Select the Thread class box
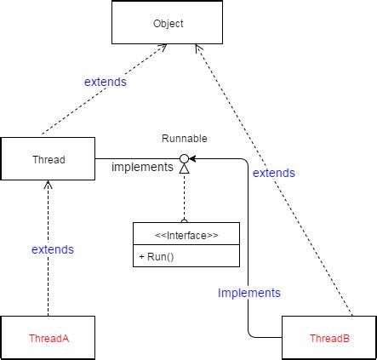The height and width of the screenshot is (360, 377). (48, 158)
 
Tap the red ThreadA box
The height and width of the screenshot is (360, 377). (48, 337)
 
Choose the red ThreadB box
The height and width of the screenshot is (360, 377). (328, 337)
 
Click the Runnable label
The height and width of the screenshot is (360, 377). (185, 138)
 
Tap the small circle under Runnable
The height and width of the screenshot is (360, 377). (183, 157)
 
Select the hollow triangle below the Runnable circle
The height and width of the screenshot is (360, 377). (183, 169)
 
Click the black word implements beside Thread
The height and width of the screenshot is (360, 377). (142, 168)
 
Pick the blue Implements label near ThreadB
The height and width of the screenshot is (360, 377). (248, 292)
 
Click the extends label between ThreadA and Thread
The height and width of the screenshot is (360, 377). (52, 249)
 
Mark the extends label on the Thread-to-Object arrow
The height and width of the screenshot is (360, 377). (106, 83)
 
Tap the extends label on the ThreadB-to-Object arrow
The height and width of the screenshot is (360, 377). (274, 173)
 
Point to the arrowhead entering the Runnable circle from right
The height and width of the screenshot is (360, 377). (193, 157)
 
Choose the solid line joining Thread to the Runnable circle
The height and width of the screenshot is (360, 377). (136, 158)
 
